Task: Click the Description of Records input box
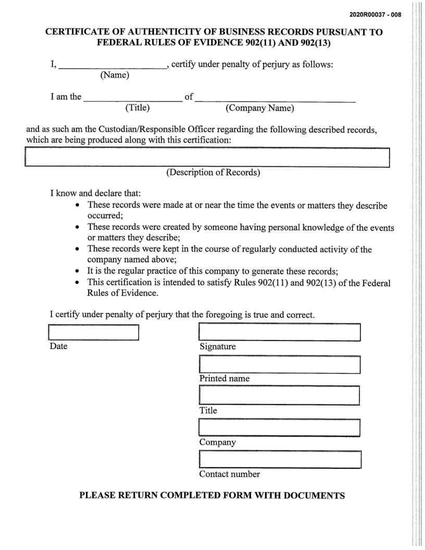[207, 157]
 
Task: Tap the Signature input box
[280, 332]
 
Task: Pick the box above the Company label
[280, 428]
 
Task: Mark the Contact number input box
[280, 460]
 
